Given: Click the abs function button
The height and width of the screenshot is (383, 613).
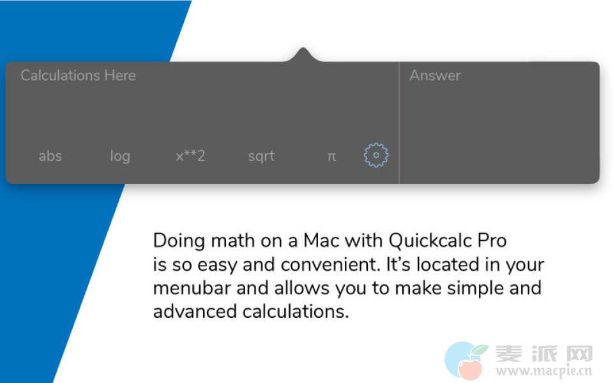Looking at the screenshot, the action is [50, 156].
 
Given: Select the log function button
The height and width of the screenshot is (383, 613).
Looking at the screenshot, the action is [120, 156].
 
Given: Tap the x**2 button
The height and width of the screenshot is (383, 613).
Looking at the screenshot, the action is [190, 156].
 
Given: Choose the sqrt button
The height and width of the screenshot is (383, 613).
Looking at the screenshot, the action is [262, 156].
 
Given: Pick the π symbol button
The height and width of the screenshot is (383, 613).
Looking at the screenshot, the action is [331, 156].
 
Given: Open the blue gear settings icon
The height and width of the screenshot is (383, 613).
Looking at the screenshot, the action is [376, 155].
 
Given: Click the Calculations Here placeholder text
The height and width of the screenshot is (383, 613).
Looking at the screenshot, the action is [78, 75].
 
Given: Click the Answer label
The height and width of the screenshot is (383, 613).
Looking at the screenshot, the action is [435, 75].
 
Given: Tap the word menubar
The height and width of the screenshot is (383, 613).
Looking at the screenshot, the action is [192, 288].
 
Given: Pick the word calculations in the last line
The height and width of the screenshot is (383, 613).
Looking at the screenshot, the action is [295, 312].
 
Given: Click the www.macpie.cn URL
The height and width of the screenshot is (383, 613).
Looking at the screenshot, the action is [544, 370].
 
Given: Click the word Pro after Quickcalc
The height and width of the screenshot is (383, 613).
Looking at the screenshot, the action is [492, 241].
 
